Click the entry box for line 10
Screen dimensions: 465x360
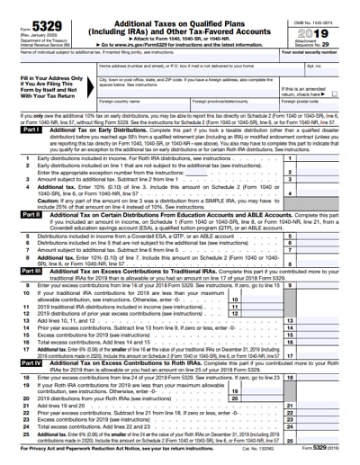click(x=267, y=298)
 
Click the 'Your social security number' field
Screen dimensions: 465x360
click(x=319, y=58)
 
